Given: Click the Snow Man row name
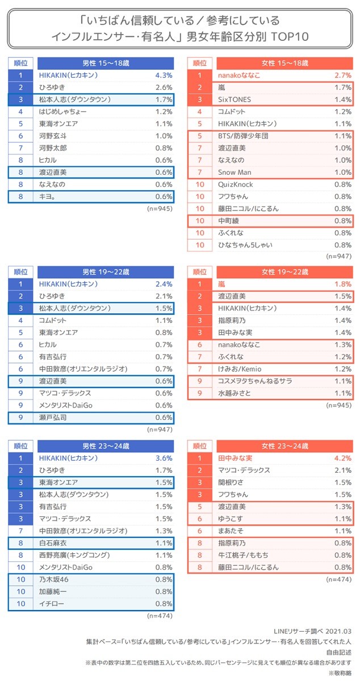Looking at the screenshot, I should (x=235, y=172).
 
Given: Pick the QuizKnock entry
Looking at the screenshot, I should (x=236, y=184).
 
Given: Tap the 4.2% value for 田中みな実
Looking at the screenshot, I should (x=342, y=457).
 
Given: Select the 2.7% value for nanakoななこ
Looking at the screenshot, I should (x=342, y=75).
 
